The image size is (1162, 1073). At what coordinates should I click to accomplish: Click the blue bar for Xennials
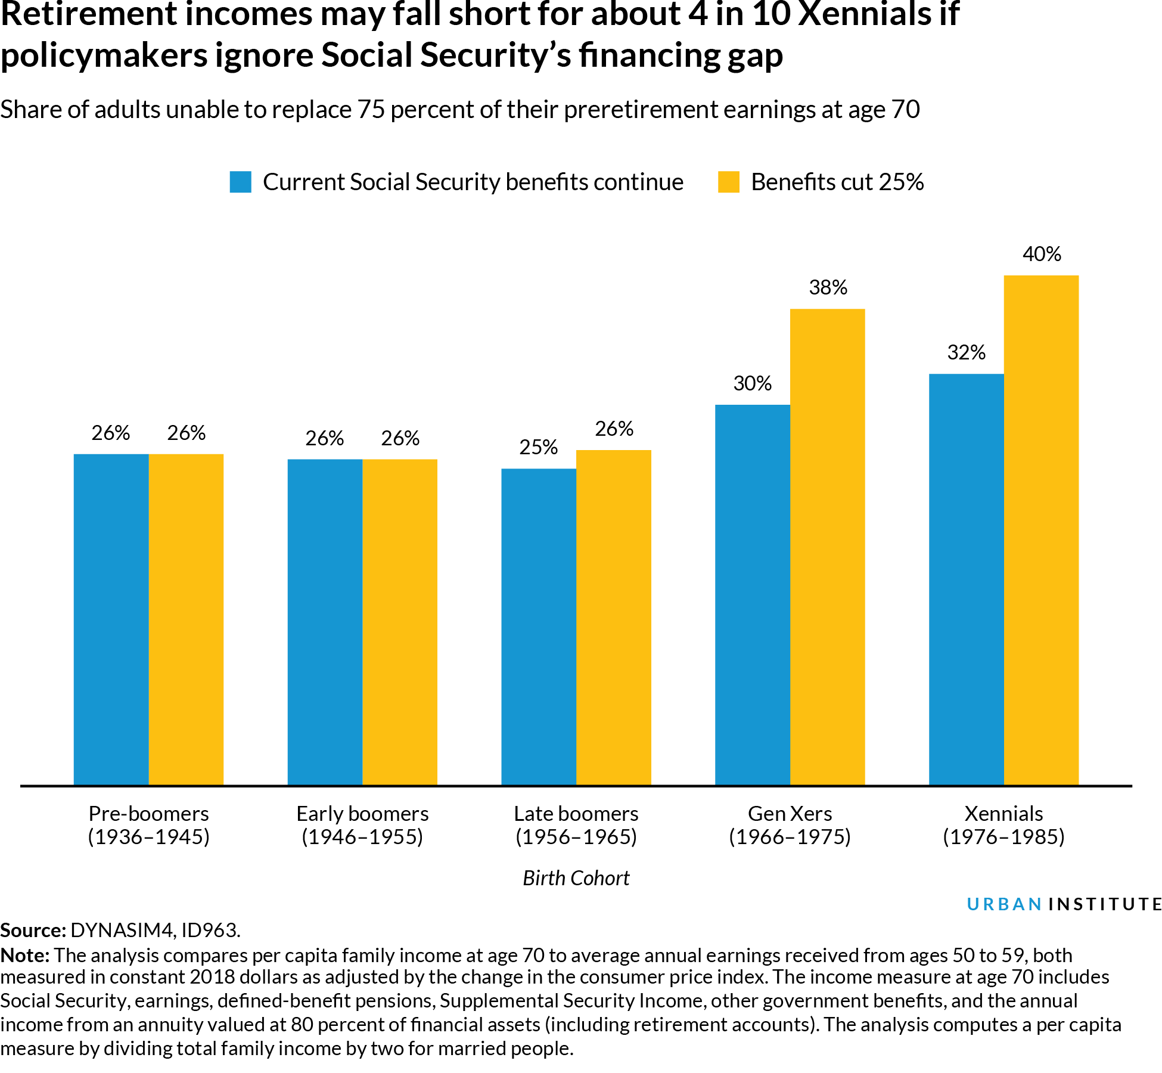pyautogui.click(x=966, y=578)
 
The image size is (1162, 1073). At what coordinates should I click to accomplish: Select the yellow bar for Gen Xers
pyautogui.click(x=827, y=546)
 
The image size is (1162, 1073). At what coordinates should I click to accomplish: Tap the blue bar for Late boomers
pyautogui.click(x=539, y=626)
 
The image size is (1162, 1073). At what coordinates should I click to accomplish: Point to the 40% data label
pyautogui.click(x=1042, y=255)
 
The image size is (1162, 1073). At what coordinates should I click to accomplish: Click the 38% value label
pyautogui.click(x=828, y=288)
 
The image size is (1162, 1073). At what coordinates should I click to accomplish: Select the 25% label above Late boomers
pyautogui.click(x=538, y=447)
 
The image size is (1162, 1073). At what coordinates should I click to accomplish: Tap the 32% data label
pyautogui.click(x=966, y=353)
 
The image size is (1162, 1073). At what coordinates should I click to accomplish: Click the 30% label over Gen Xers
pyautogui.click(x=752, y=383)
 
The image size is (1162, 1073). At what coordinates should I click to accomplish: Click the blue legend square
pyautogui.click(x=240, y=182)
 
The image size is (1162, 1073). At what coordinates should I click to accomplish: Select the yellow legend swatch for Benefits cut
pyautogui.click(x=728, y=182)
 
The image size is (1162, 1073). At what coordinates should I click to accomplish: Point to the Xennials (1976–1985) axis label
pyautogui.click(x=1003, y=825)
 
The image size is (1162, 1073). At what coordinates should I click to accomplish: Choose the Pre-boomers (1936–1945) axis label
pyautogui.click(x=149, y=825)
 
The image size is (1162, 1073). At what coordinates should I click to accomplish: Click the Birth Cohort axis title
pyautogui.click(x=576, y=878)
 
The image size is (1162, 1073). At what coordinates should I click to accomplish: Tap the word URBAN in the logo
pyautogui.click(x=1004, y=904)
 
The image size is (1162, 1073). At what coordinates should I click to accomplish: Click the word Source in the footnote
pyautogui.click(x=31, y=931)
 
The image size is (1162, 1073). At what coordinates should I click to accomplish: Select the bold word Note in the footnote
pyautogui.click(x=24, y=956)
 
